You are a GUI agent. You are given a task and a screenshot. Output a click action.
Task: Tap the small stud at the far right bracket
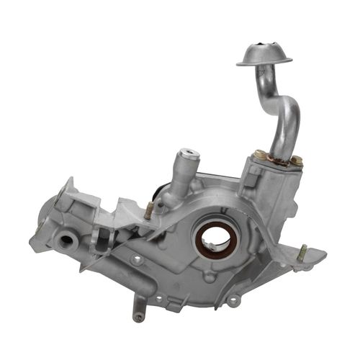302,252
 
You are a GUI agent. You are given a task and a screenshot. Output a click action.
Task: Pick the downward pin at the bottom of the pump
136,315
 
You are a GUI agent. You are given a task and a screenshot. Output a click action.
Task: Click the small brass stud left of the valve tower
149,212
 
